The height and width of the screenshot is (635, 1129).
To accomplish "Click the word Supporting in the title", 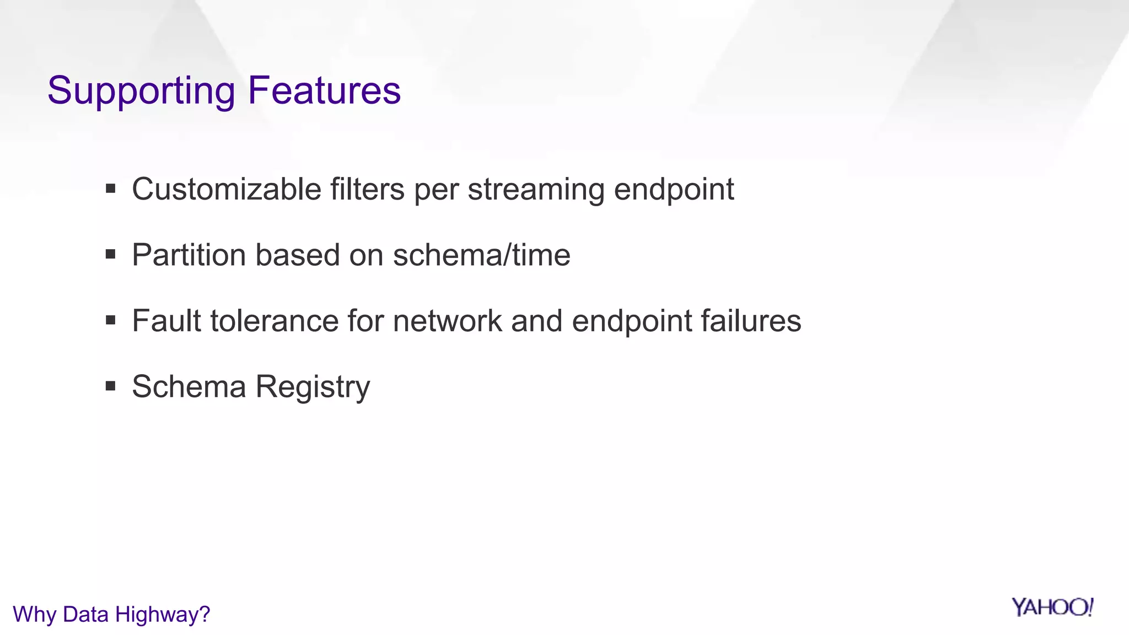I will pos(141,91).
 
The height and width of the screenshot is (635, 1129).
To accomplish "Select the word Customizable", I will pos(227,189).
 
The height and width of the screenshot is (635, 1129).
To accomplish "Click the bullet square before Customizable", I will pos(110,189).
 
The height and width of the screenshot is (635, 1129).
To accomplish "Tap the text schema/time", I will pos(481,255).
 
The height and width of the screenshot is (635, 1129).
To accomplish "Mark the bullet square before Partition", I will pos(110,255).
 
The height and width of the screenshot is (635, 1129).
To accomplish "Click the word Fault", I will pos(166,321).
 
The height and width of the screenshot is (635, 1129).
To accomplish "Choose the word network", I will pos(447,321).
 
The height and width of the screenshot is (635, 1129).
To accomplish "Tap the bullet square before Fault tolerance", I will pos(110,320).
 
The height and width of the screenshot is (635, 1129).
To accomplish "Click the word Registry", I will pos(313,388).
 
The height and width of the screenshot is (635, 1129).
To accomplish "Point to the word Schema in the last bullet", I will pos(189,386).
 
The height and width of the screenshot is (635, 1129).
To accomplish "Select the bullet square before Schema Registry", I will pos(110,386).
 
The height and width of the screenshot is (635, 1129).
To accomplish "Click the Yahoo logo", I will pos(1052,607).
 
